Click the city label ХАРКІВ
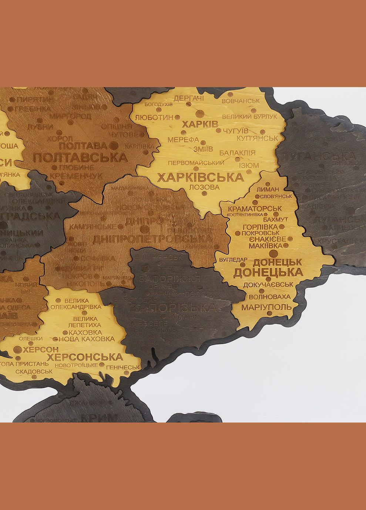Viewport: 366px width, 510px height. pyautogui.click(x=200, y=124)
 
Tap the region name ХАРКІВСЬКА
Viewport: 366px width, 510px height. pyautogui.click(x=200, y=178)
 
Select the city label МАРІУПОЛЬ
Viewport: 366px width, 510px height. pyautogui.click(x=266, y=307)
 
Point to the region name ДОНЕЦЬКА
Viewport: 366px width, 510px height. pyautogui.click(x=268, y=273)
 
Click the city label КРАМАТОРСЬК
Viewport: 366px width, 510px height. pyautogui.click(x=255, y=209)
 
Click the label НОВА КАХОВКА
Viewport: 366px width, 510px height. pyautogui.click(x=87, y=339)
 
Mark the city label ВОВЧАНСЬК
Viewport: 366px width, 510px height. pyautogui.click(x=241, y=101)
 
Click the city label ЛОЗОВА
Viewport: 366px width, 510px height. pyautogui.click(x=204, y=188)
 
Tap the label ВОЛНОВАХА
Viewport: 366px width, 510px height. pyautogui.click(x=269, y=297)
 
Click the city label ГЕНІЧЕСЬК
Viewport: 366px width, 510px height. pyautogui.click(x=123, y=367)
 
